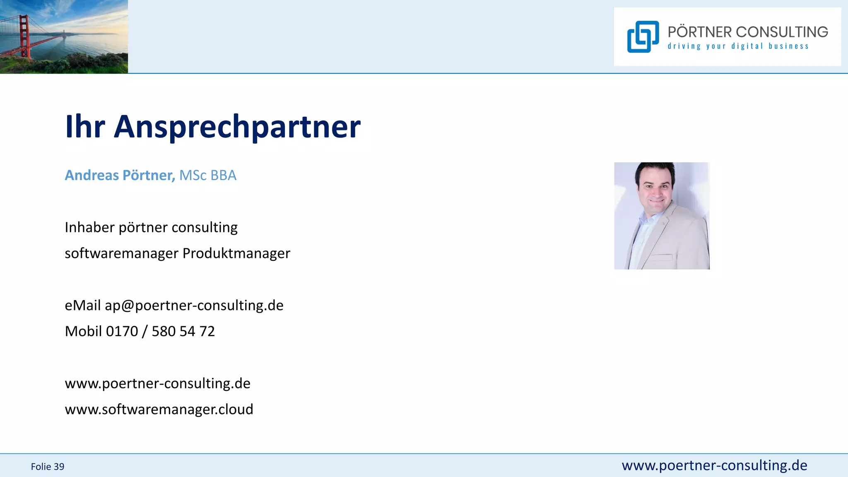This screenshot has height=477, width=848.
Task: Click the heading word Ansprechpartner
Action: click(237, 127)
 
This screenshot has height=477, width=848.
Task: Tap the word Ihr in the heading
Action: click(85, 127)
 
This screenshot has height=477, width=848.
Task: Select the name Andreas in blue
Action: click(92, 175)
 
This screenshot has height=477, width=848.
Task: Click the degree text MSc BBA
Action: click(208, 175)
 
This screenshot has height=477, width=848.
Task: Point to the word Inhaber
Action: click(89, 227)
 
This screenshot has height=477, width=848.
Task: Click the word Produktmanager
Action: click(236, 253)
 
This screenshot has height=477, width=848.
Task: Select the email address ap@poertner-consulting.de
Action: click(194, 305)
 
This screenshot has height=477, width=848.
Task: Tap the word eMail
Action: click(83, 305)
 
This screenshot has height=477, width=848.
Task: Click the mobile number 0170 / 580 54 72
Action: click(161, 331)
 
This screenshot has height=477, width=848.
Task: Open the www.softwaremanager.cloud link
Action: click(159, 409)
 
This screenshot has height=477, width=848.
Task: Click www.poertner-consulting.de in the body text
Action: click(158, 383)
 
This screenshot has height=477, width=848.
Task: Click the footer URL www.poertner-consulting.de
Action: click(714, 465)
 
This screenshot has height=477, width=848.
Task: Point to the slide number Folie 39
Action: click(48, 467)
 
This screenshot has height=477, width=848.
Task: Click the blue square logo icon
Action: click(643, 37)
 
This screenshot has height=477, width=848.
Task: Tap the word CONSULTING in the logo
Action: click(782, 32)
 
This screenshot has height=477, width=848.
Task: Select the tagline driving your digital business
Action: click(738, 46)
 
